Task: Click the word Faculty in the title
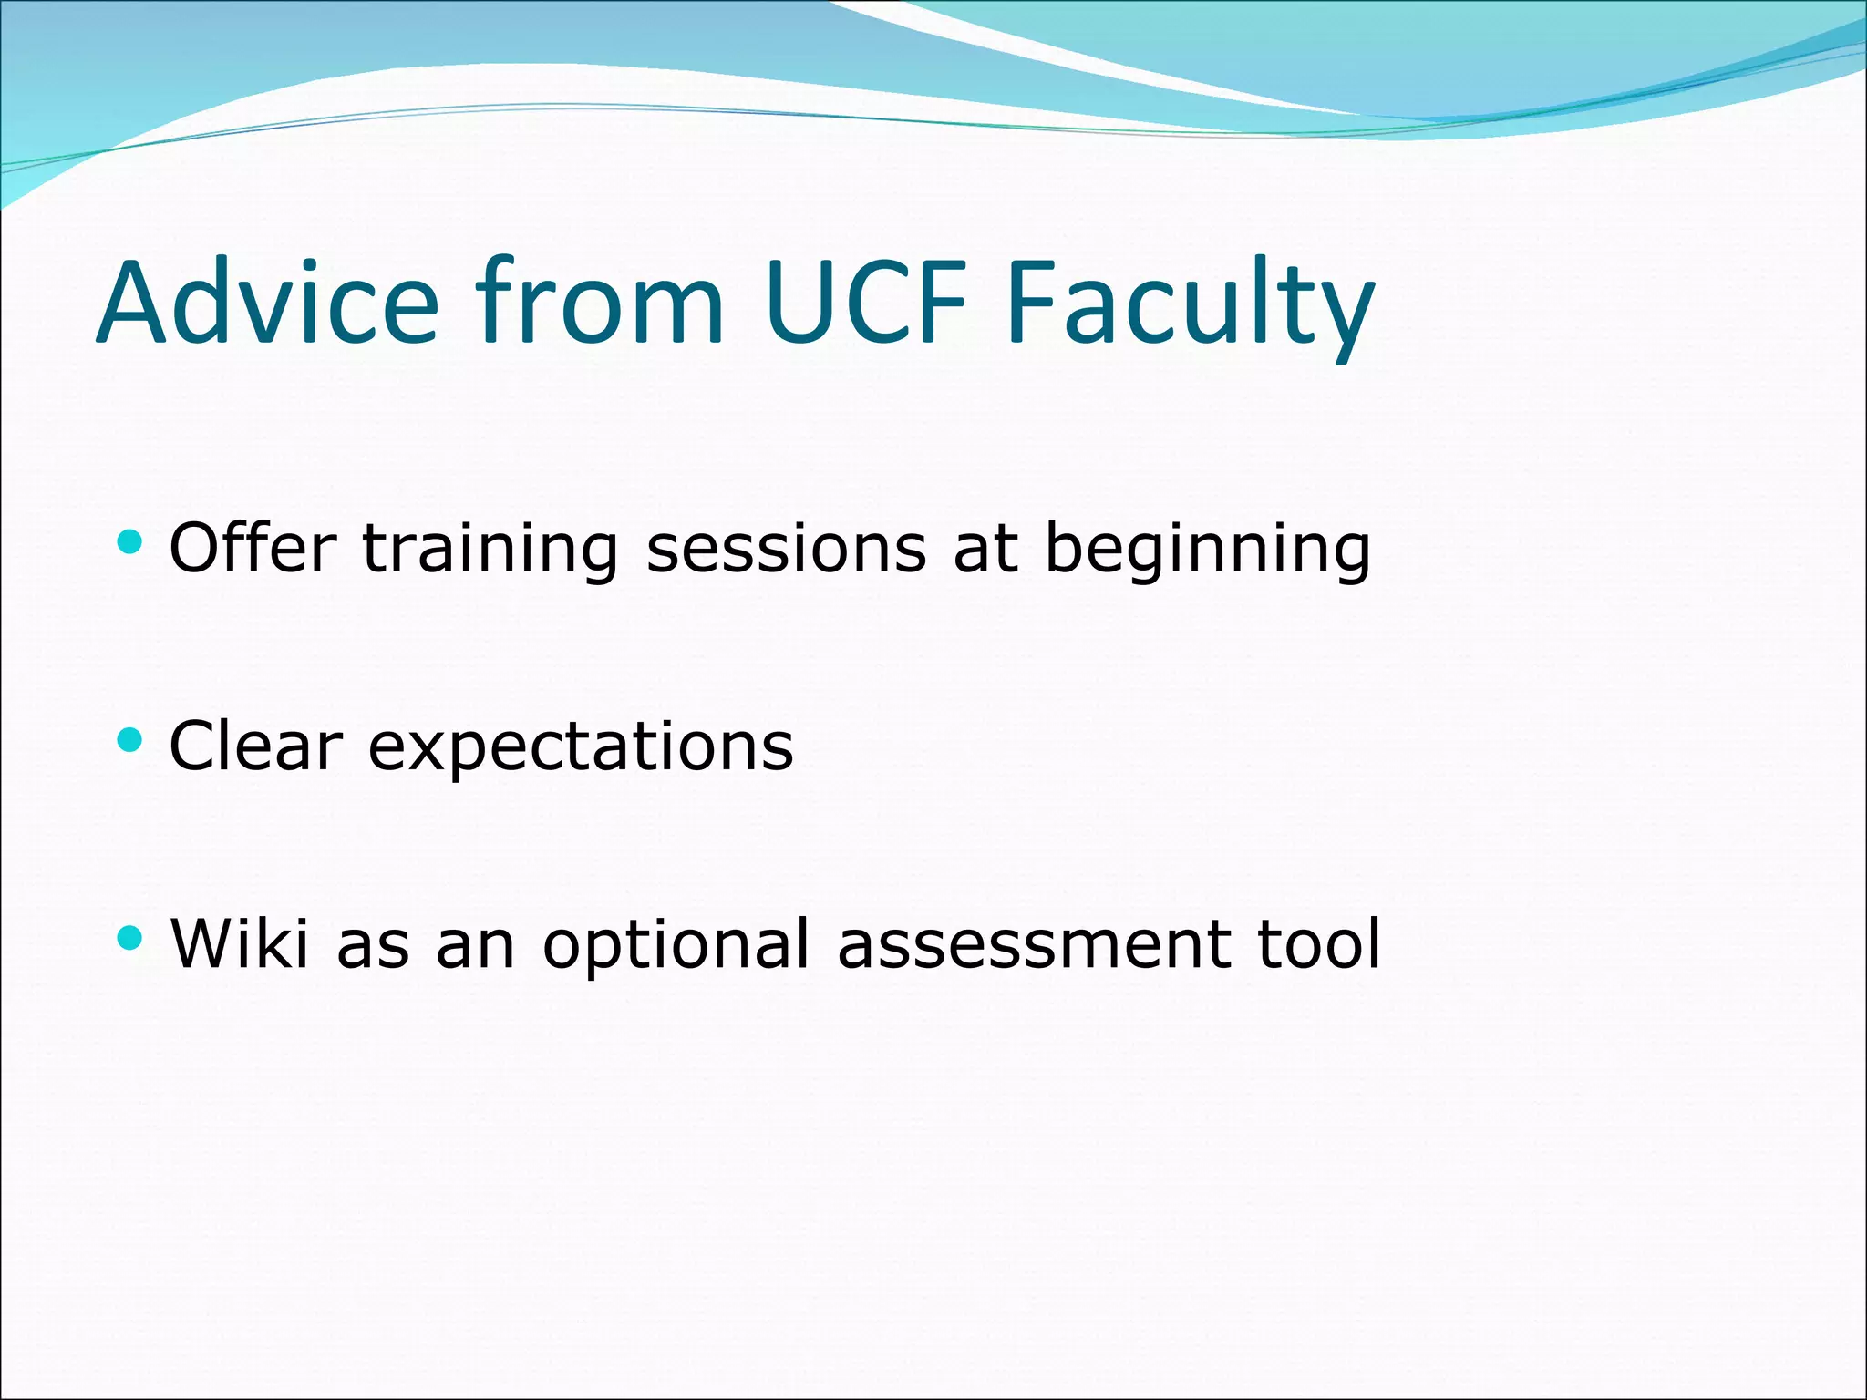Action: pyautogui.click(x=1190, y=305)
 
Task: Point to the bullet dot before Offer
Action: pyautogui.click(x=130, y=543)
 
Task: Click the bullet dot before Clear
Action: pyautogui.click(x=130, y=740)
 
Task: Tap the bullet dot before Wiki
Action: pyautogui.click(x=130, y=938)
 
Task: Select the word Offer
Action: pyautogui.click(x=253, y=548)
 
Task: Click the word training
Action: pyautogui.click(x=490, y=550)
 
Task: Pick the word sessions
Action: pyautogui.click(x=786, y=550)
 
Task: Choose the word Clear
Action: pyautogui.click(x=255, y=746)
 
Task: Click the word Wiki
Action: pyautogui.click(x=240, y=943)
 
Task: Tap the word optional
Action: pyautogui.click(x=676, y=945)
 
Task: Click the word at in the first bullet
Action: pyautogui.click(x=985, y=550)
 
